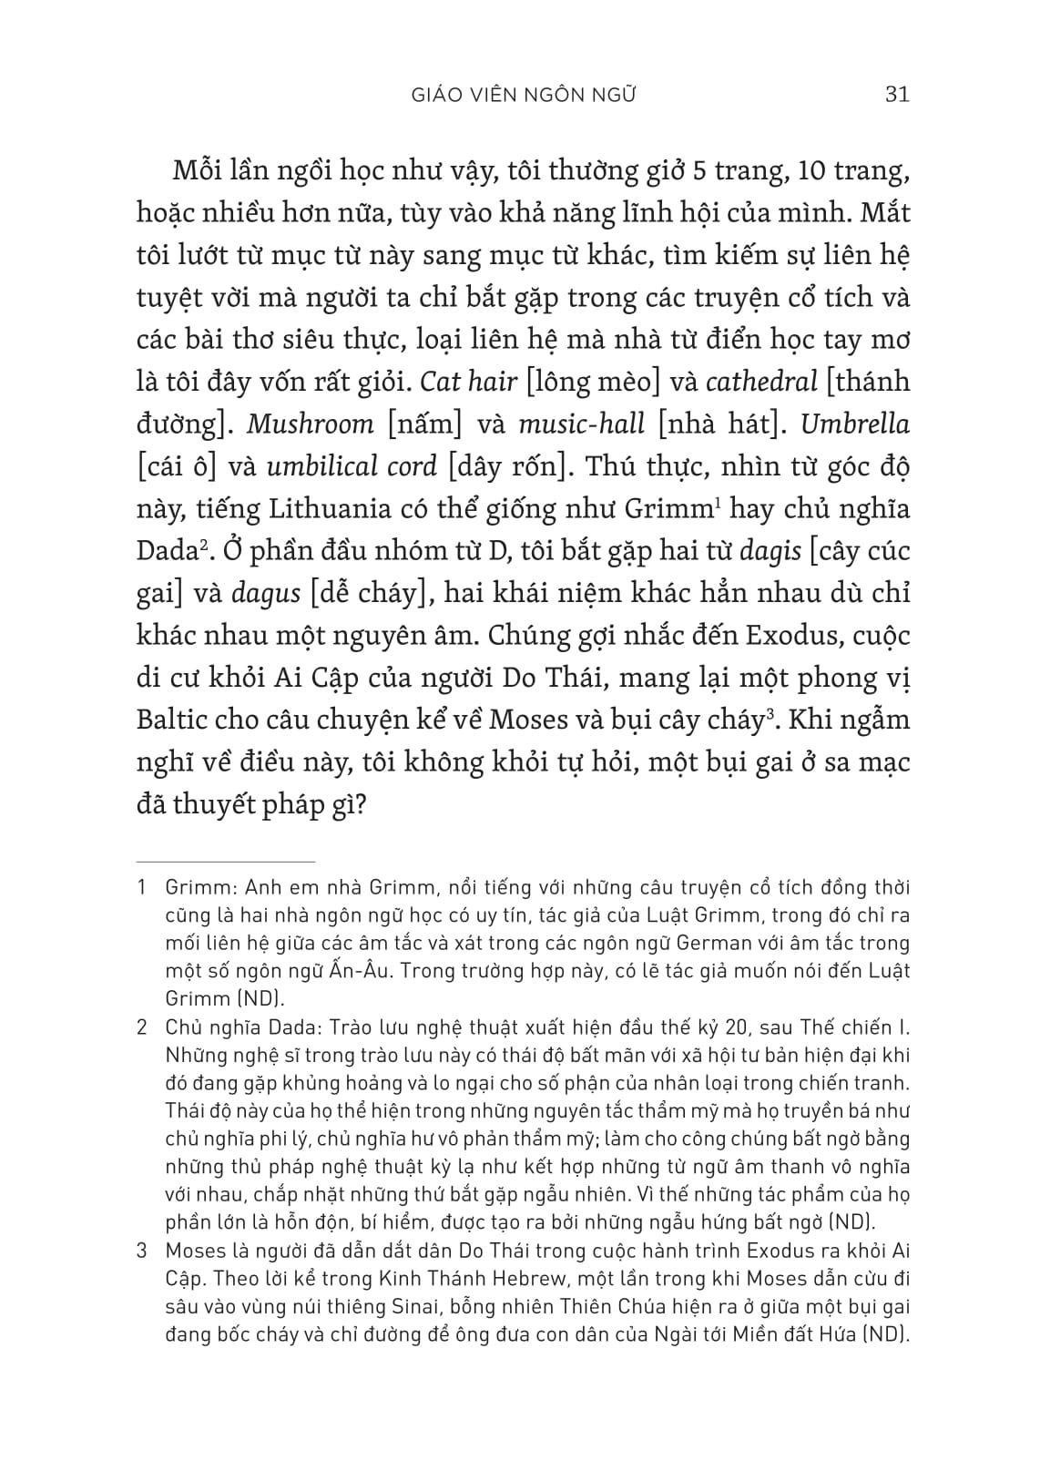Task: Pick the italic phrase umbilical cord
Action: click(352, 466)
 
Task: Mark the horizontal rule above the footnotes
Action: click(224, 862)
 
